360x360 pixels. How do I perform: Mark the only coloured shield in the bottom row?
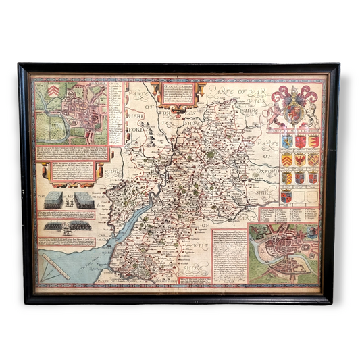click(x=286, y=197)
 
